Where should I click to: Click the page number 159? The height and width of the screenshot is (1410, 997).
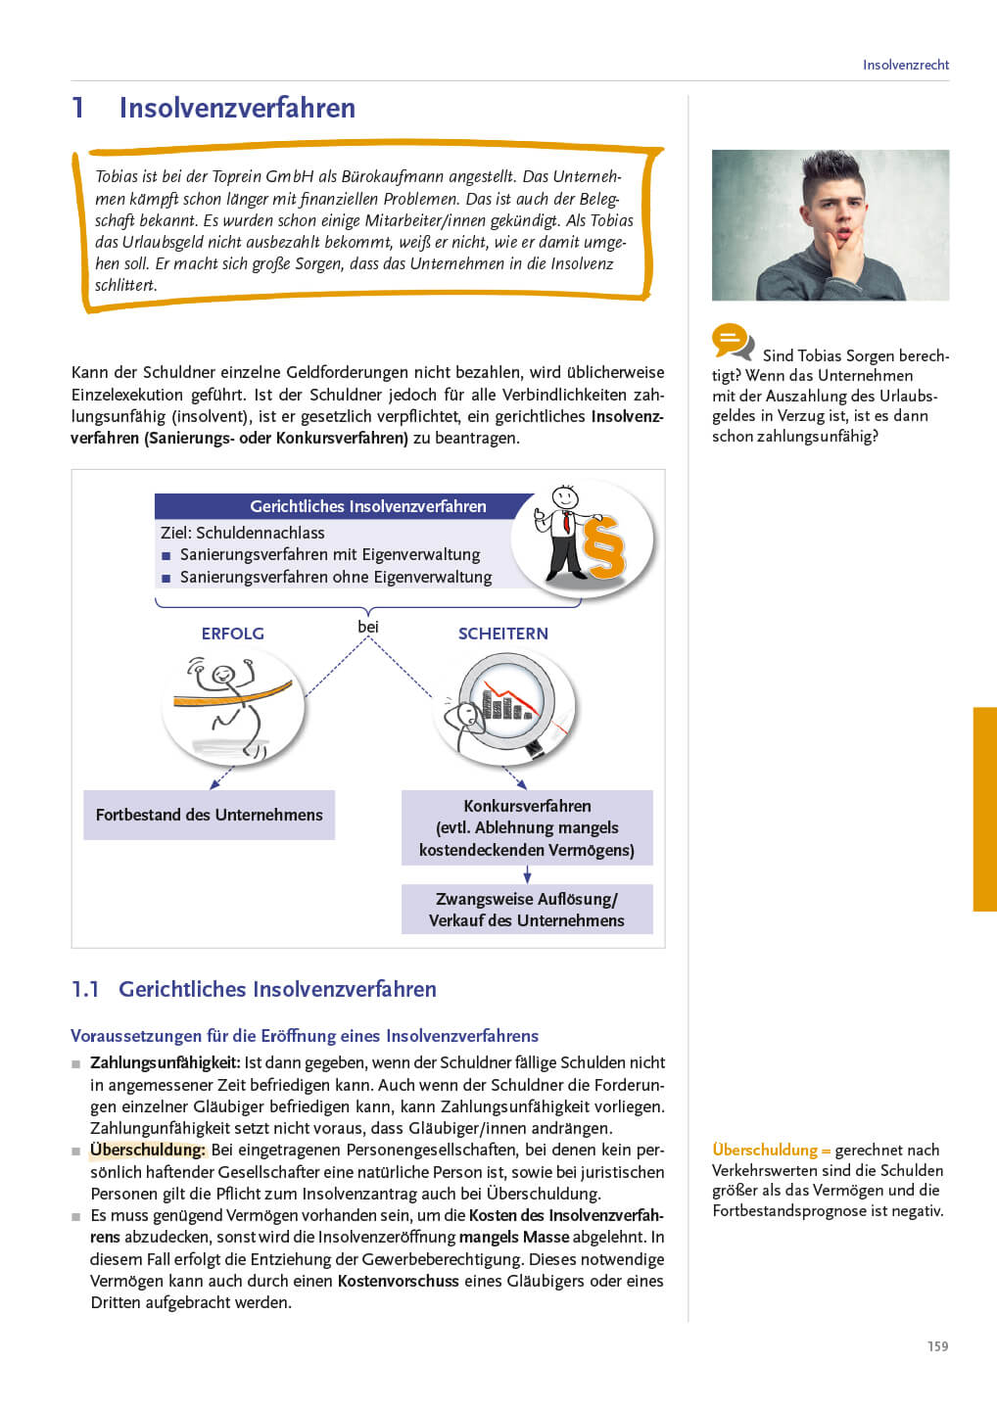937,1346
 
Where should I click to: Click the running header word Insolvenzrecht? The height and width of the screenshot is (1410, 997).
905,65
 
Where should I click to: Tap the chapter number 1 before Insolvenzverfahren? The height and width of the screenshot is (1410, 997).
78,108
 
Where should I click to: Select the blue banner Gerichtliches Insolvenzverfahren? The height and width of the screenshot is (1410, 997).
367,506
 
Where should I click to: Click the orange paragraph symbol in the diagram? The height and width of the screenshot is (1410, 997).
603,546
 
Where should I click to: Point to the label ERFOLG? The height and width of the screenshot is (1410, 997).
232,634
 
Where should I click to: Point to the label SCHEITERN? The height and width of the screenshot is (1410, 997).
502,634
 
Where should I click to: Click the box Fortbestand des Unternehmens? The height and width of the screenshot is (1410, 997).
209,815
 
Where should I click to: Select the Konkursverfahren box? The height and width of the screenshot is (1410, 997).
527,827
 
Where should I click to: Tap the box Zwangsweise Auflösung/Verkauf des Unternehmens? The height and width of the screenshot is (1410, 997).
527,909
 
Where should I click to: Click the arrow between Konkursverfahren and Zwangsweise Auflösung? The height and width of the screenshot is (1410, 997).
527,874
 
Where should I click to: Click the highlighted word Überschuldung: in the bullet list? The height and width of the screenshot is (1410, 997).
148,1150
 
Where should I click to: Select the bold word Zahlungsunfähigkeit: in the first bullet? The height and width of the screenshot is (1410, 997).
165,1062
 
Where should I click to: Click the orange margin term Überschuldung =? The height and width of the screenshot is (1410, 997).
771,1150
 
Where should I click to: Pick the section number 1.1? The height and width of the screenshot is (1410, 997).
85,989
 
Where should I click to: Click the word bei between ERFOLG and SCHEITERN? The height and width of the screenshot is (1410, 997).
368,627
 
